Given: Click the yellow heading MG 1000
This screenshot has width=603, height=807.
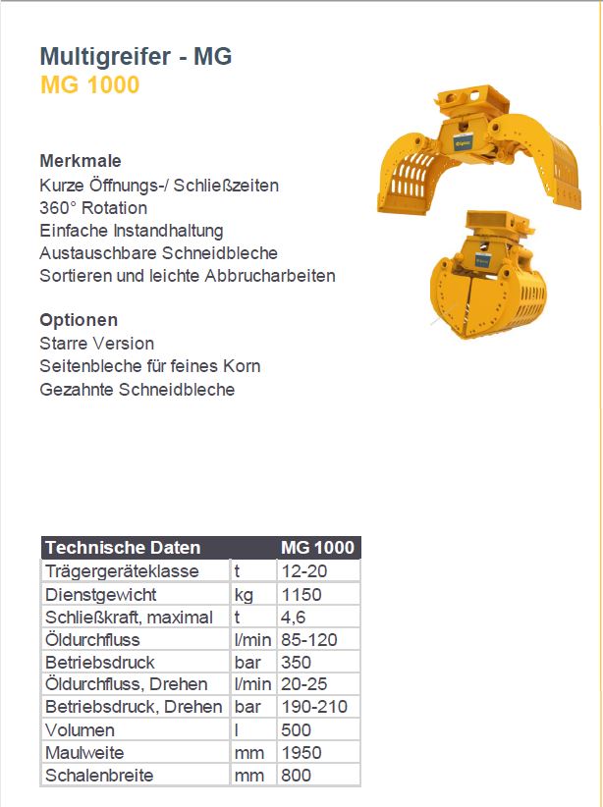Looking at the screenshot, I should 89,85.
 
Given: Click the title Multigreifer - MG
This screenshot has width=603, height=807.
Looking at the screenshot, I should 136,57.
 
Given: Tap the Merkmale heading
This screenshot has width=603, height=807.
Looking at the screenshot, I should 81,161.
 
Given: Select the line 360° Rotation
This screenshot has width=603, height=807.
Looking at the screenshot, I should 93,208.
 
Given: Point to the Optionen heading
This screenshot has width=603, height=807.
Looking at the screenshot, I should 79,320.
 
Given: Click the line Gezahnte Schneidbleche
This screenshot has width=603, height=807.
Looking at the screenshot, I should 137,389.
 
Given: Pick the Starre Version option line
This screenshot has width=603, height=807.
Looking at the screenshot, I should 96,344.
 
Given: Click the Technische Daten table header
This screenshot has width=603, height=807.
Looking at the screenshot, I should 123,548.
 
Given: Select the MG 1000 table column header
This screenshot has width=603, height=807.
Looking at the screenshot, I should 318,548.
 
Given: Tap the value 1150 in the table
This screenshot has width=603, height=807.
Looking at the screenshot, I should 301,594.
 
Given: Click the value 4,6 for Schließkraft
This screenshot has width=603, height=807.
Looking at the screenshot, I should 293,617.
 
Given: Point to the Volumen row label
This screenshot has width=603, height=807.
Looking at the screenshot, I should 80,729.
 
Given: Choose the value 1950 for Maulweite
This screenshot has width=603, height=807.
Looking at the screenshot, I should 301,753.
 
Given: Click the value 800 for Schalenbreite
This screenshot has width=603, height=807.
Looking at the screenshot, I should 296,776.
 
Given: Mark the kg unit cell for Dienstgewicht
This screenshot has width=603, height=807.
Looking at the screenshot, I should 245,594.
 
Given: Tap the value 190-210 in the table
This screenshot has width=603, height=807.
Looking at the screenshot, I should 314,707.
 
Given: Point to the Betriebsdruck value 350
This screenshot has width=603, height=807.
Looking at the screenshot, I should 296,662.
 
